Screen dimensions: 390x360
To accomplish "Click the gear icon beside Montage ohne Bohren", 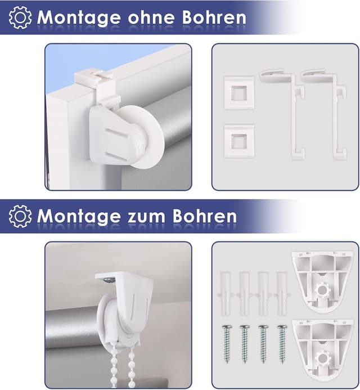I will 20,17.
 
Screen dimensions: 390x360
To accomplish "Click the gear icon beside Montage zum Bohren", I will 20,216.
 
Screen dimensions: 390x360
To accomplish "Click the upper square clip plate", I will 238,91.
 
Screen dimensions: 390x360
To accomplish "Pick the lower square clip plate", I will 238,140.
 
